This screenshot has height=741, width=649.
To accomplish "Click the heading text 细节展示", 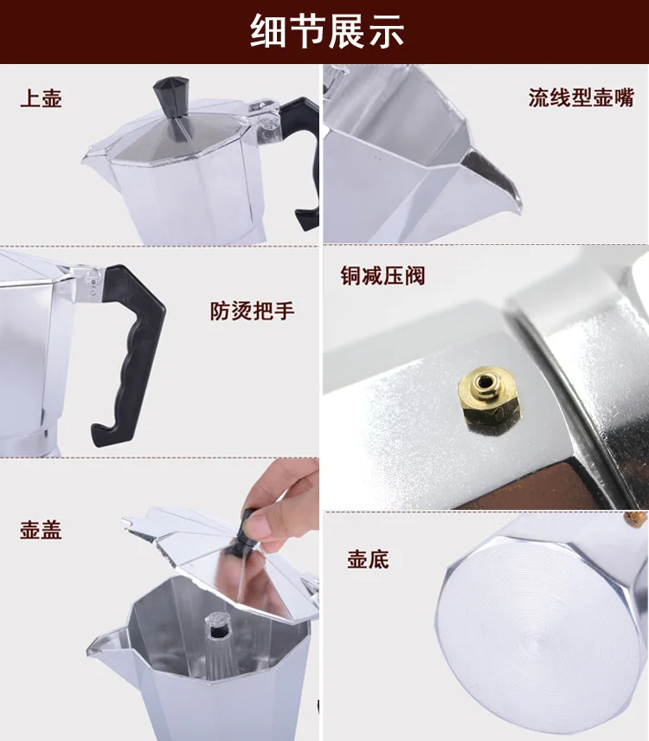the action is tap(327, 31).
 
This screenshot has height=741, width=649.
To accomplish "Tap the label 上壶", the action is tap(41, 99).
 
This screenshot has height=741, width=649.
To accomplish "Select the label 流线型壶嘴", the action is tap(581, 98).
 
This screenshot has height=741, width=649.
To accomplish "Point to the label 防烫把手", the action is tap(252, 311).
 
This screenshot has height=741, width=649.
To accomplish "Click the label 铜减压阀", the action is tap(382, 275).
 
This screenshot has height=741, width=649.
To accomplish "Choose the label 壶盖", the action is tap(41, 530).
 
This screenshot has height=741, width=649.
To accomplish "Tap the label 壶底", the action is tap(369, 559).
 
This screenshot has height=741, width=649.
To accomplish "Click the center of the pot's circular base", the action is tap(538, 644).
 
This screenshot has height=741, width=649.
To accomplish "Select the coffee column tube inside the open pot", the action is tap(217, 648).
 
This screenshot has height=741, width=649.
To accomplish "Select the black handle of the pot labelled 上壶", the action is tap(302, 156).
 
